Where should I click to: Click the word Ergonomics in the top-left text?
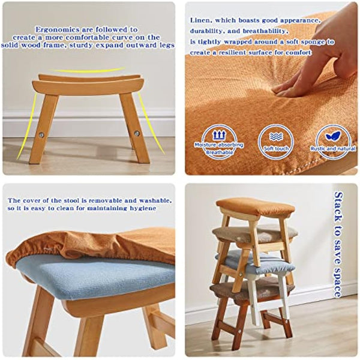pos(55,29)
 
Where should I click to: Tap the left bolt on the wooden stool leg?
pos(42,133)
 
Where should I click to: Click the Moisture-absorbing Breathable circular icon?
pos(218,140)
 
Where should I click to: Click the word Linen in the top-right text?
pos(200,20)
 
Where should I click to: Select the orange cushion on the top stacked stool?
pos(255,207)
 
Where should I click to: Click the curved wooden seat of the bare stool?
pos(90,84)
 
